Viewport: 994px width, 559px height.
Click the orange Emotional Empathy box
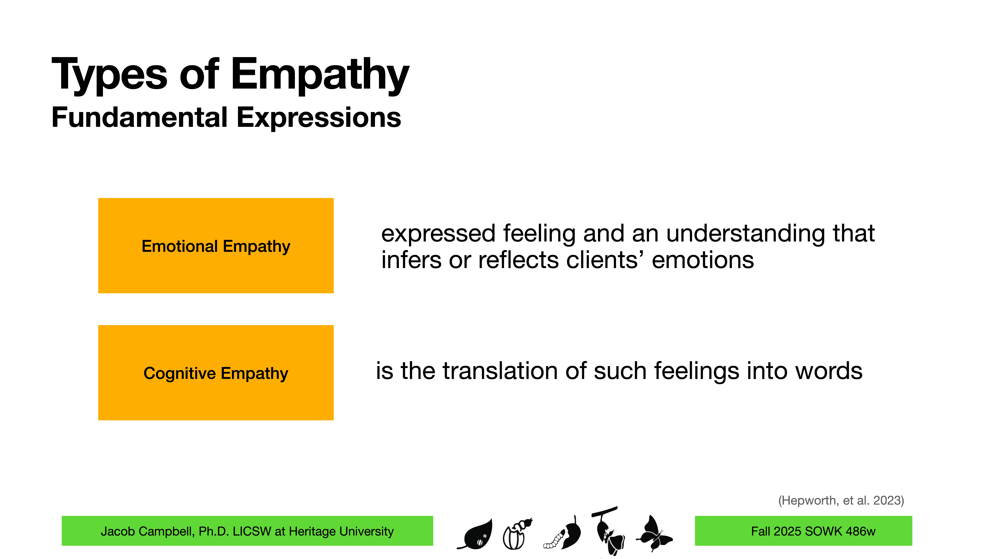216,246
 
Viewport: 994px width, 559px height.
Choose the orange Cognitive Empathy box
216,373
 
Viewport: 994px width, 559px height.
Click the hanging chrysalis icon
608,530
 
